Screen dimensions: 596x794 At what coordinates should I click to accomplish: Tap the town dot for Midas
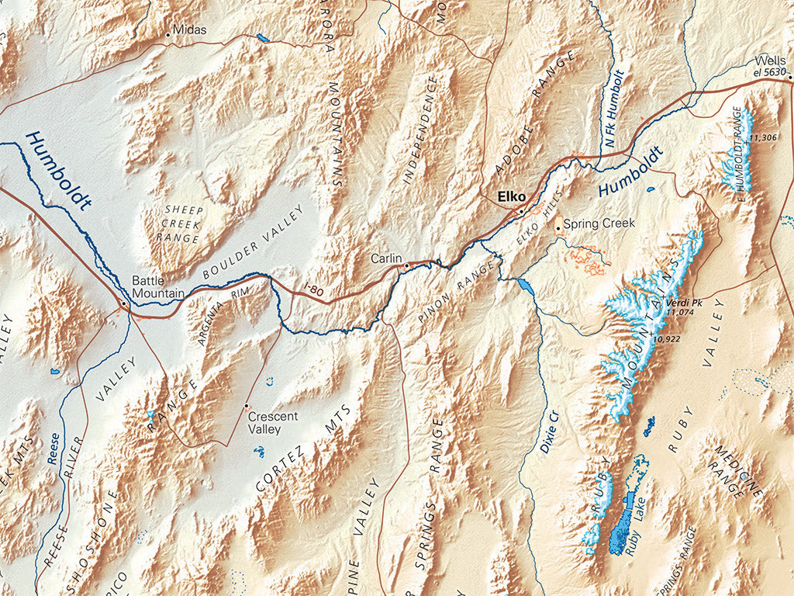(x=167, y=35)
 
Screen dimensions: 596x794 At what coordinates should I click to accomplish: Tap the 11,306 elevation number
(x=764, y=138)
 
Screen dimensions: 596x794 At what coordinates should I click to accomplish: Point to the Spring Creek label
(x=599, y=223)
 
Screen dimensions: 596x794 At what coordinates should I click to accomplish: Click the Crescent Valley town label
(x=273, y=421)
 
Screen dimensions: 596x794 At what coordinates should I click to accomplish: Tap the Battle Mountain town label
(x=157, y=287)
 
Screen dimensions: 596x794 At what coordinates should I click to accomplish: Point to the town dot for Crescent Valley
(x=247, y=406)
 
